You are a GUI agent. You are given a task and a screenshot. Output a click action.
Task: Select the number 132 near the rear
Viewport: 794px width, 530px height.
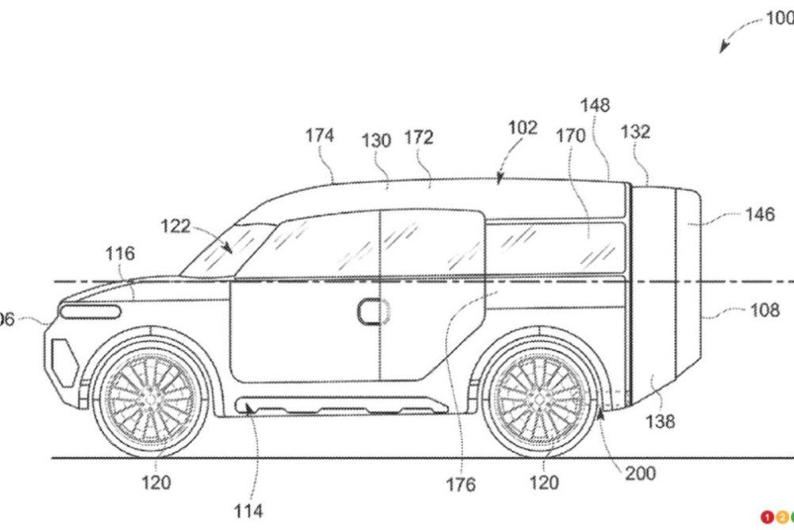[635, 131]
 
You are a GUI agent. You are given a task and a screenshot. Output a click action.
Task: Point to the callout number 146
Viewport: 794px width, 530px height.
[759, 215]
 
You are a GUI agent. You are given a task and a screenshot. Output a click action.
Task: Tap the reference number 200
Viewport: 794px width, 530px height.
[639, 474]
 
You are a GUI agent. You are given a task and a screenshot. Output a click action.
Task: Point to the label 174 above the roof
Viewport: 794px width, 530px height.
[320, 135]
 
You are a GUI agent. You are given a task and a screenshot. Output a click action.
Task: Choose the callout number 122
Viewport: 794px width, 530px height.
[175, 226]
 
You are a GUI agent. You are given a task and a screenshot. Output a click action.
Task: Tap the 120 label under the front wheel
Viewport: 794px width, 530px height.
[156, 482]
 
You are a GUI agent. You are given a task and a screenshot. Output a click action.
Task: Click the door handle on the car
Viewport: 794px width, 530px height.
[370, 311]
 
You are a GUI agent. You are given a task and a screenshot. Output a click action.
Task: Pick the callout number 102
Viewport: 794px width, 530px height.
[522, 127]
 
